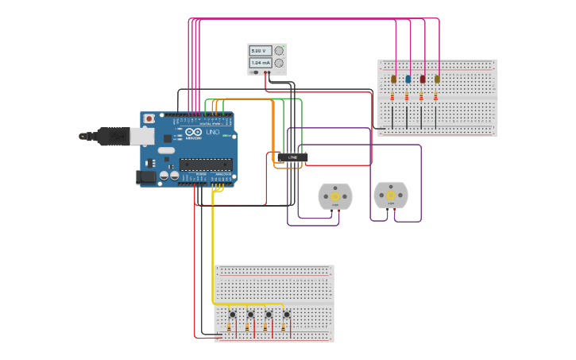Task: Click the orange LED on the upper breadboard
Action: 393,79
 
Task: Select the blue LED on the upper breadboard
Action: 408,79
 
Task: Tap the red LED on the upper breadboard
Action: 423,79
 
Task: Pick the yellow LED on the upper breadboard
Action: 437,79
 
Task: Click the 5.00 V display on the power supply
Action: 260,50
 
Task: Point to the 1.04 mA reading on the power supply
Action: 260,62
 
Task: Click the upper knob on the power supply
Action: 279,50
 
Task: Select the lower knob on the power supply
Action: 279,63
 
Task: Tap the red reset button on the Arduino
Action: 149,118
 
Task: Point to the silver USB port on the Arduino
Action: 141,137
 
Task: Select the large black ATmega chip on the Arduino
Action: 206,165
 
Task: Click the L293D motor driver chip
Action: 292,157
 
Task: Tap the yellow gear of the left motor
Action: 335,195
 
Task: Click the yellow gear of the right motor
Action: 390,195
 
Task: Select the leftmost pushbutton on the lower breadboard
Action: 232,315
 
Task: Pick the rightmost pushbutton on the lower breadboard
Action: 286,315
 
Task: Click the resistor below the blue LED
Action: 407,97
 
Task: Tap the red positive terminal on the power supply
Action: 269,72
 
